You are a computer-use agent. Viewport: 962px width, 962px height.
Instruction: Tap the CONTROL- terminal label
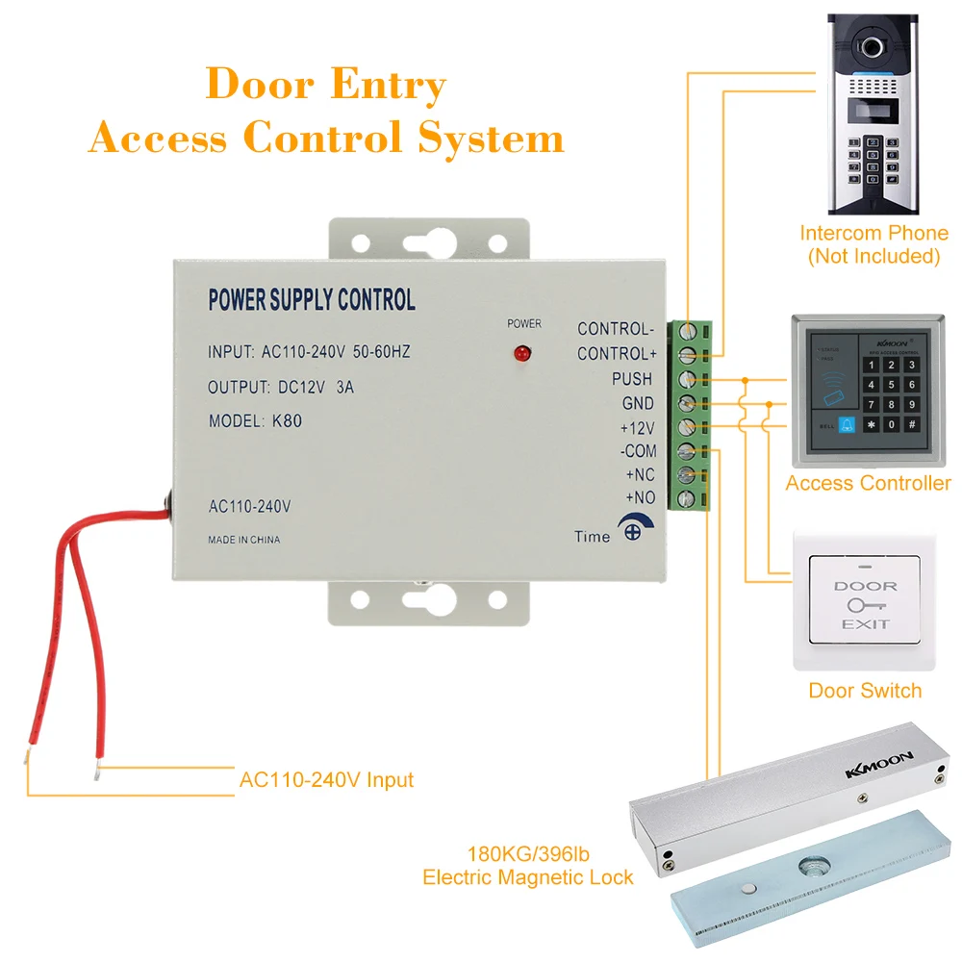tap(615, 329)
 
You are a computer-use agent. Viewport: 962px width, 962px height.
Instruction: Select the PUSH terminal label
tap(631, 379)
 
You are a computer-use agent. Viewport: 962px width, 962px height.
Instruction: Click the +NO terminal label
tap(640, 498)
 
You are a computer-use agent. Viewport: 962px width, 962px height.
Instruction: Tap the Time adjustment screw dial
tap(631, 530)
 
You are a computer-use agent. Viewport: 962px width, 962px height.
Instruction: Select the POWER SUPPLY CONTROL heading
tap(312, 300)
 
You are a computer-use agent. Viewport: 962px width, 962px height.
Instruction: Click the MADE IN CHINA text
tap(244, 540)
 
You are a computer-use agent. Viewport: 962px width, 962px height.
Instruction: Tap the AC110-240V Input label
tap(326, 779)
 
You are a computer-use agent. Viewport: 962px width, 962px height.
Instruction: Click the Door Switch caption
tap(864, 691)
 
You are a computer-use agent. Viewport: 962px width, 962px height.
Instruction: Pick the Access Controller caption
tap(868, 483)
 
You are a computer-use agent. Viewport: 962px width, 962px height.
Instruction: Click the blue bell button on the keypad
tap(848, 423)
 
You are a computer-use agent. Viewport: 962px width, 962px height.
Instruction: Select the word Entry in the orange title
tap(388, 86)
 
